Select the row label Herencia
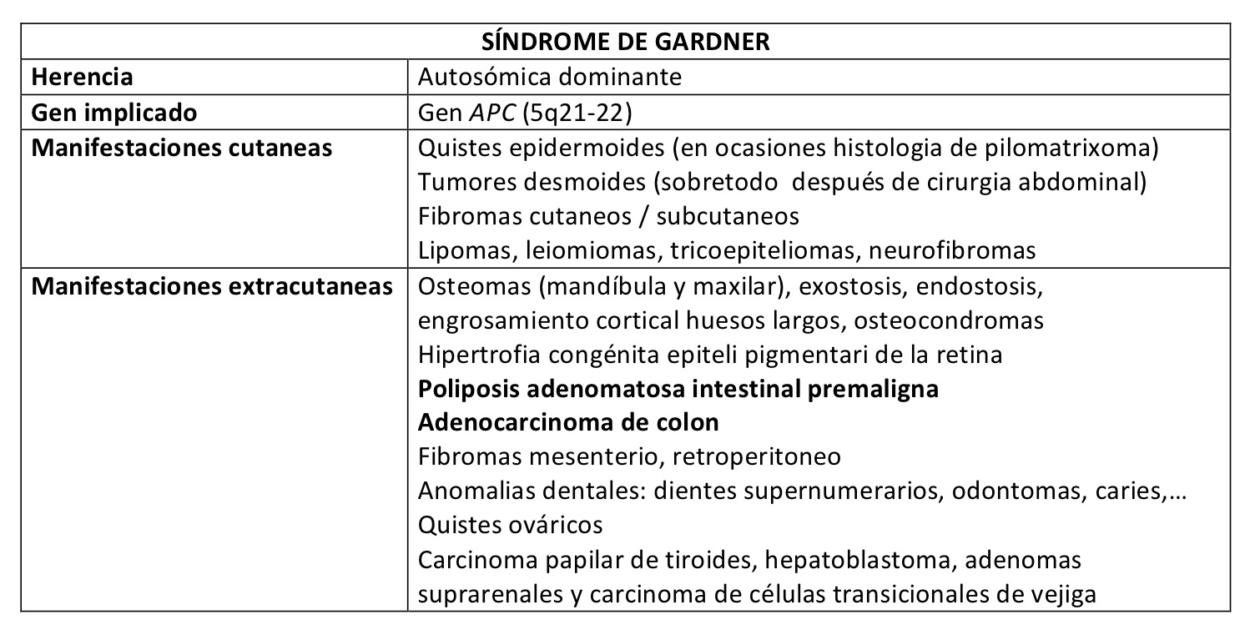[82, 77]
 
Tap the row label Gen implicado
[114, 112]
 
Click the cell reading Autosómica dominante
[549, 77]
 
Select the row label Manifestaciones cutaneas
[182, 147]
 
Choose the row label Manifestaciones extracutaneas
[212, 286]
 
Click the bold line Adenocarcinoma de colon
[568, 422]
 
